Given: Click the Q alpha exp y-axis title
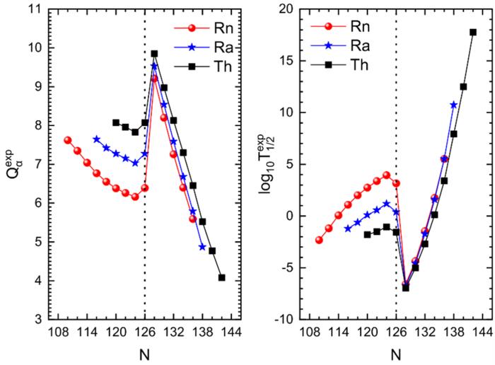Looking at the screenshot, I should (x=13, y=163).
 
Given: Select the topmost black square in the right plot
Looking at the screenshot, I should (x=473, y=32).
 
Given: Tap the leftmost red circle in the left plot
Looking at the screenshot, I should (x=68, y=140).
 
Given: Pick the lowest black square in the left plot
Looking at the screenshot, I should (x=222, y=277).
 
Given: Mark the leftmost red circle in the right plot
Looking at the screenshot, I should (x=319, y=241).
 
